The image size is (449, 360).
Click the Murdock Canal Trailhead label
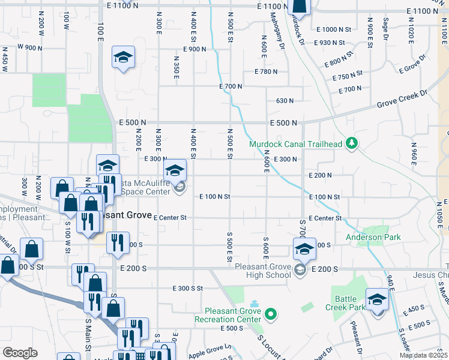[295, 144]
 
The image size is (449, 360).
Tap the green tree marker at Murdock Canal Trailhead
[352, 143]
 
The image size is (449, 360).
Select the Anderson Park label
[373, 238]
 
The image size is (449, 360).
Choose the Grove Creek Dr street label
[402, 100]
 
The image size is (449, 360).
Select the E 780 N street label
[265, 71]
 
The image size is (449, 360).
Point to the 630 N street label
[285, 101]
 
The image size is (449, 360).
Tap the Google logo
[20, 353]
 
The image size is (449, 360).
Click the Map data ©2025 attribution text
[423, 355]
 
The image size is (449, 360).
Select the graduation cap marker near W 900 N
[124, 58]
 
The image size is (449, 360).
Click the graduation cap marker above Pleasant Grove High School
[304, 249]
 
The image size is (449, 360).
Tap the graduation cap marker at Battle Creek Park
[378, 300]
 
